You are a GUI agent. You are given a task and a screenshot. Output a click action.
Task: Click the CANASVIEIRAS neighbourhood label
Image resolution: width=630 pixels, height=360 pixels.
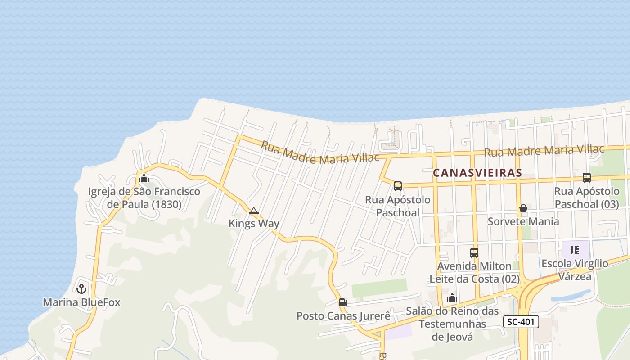click(x=477, y=173)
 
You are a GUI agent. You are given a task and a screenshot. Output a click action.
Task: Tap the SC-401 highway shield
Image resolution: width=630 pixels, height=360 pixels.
click(x=521, y=322)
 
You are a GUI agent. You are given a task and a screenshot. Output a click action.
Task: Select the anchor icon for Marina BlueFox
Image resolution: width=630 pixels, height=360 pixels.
click(x=81, y=288)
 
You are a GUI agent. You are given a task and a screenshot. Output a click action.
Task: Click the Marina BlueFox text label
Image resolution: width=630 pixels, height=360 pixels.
click(x=81, y=302)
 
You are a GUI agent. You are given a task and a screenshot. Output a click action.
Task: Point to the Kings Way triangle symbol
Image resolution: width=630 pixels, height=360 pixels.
click(x=254, y=211)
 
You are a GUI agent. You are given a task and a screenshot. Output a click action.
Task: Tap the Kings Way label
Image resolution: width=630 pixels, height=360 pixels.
click(x=254, y=223)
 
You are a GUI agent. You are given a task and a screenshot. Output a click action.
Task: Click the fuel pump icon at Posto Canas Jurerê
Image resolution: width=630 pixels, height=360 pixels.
click(x=343, y=302)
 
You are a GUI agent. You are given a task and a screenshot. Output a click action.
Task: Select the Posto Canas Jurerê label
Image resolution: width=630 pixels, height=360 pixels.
click(x=343, y=316)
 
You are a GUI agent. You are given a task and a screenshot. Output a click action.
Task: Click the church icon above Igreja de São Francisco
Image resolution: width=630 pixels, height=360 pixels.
click(x=144, y=178)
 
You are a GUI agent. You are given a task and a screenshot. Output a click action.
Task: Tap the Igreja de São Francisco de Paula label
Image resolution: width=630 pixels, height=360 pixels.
click(x=144, y=198)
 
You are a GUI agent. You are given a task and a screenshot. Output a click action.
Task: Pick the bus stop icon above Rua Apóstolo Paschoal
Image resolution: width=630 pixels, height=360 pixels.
click(x=397, y=186)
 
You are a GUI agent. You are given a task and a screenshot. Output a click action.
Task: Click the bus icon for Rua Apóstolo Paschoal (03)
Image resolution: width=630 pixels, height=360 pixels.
click(x=587, y=177)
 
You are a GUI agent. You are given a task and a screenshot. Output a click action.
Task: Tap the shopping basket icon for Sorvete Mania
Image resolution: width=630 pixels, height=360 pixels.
click(x=523, y=208)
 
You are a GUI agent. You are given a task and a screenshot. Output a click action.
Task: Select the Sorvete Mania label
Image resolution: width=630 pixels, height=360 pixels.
click(x=523, y=221)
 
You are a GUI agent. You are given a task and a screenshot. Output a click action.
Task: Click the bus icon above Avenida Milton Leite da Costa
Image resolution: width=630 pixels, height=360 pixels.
click(x=474, y=252)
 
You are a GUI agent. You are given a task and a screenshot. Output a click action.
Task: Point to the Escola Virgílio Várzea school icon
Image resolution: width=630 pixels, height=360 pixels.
click(x=574, y=250)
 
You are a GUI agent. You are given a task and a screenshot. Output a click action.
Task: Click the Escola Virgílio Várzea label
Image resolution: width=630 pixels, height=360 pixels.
click(x=575, y=270)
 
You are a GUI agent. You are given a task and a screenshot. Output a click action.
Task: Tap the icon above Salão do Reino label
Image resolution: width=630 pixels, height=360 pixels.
click(x=452, y=297)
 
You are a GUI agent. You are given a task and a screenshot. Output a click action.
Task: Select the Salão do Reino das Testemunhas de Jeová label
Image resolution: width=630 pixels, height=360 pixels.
click(x=452, y=324)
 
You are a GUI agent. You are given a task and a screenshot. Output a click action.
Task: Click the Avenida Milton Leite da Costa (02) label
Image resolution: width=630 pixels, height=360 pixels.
click(x=474, y=273)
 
